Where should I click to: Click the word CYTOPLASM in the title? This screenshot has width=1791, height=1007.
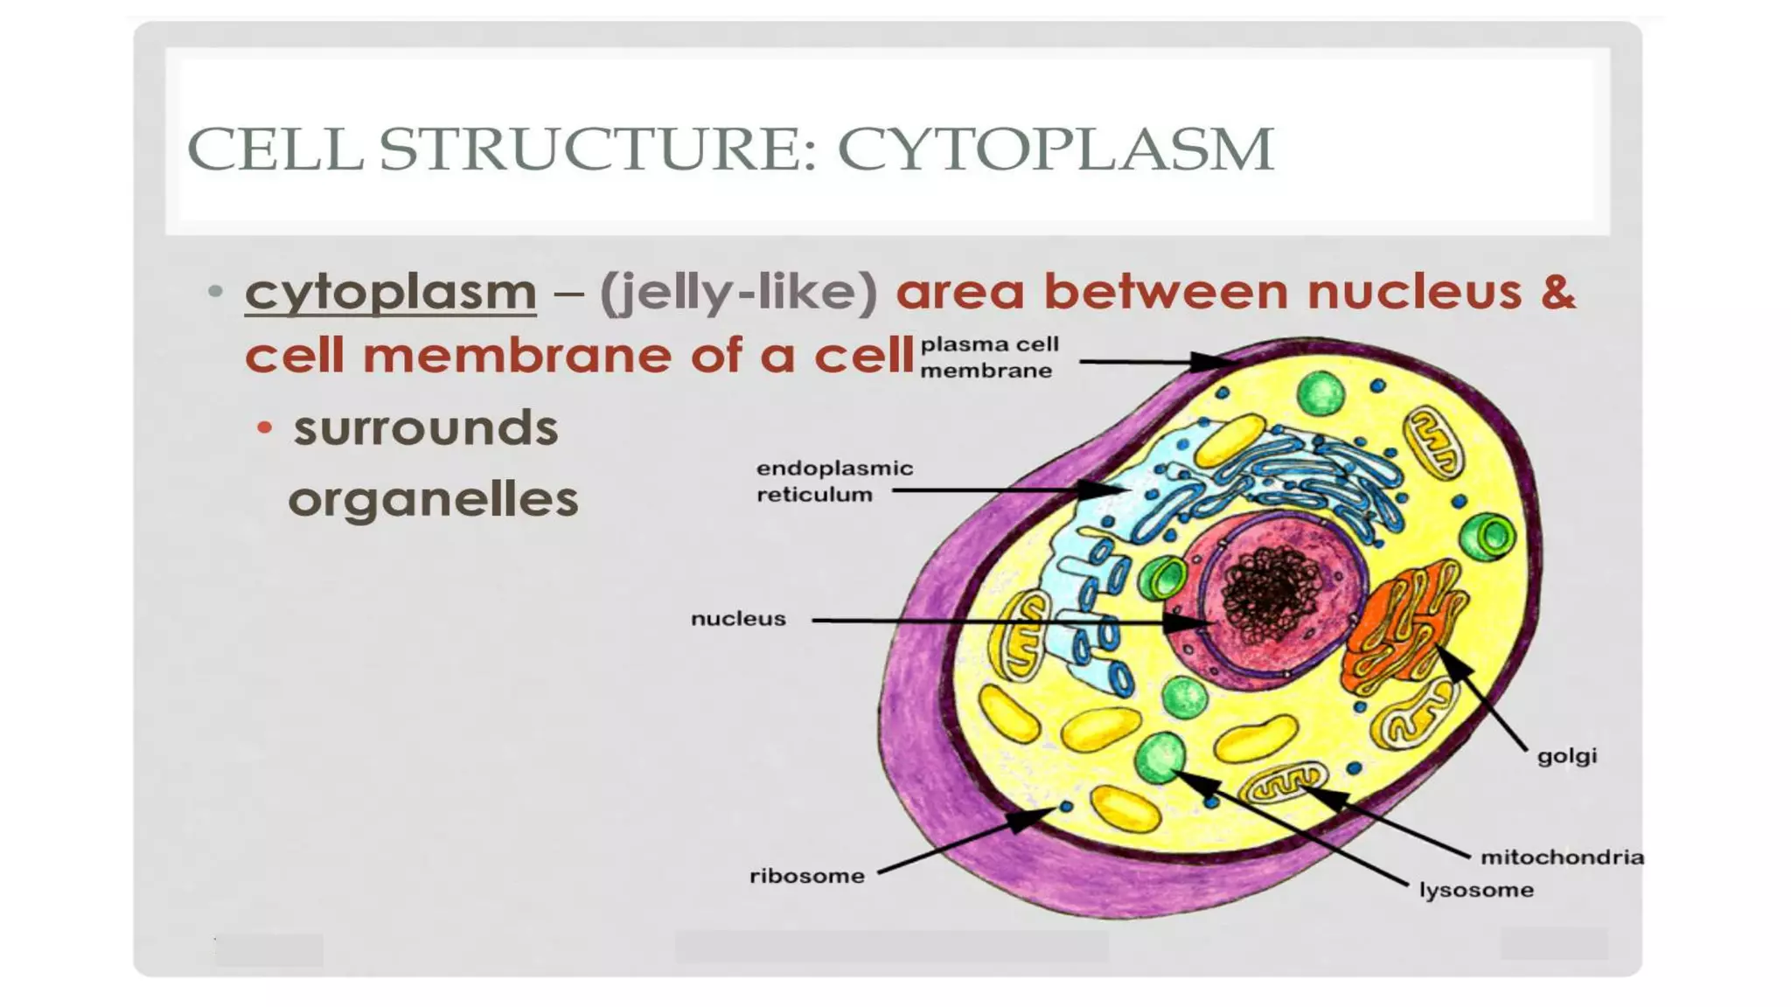[1055, 149]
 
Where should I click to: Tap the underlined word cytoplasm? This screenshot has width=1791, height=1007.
[390, 291]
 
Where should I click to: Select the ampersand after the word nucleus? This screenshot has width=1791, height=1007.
[1558, 291]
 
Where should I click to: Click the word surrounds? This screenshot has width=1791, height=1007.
[425, 428]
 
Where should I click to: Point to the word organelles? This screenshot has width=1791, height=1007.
[433, 500]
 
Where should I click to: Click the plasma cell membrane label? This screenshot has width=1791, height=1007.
[988, 358]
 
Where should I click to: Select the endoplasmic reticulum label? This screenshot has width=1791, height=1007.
[833, 482]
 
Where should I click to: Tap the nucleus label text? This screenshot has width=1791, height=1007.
[738, 619]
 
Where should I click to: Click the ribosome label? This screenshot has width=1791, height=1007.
[806, 876]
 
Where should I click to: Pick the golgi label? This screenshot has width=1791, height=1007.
[1566, 756]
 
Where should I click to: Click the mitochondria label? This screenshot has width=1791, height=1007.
[1561, 858]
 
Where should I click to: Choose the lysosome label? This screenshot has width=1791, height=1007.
[1475, 891]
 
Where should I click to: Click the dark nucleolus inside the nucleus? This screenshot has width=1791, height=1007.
[1271, 594]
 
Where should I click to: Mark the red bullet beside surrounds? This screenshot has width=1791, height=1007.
[265, 428]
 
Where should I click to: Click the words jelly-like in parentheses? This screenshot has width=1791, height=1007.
[738, 291]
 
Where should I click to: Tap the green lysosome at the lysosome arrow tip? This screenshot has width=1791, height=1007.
[1160, 757]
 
